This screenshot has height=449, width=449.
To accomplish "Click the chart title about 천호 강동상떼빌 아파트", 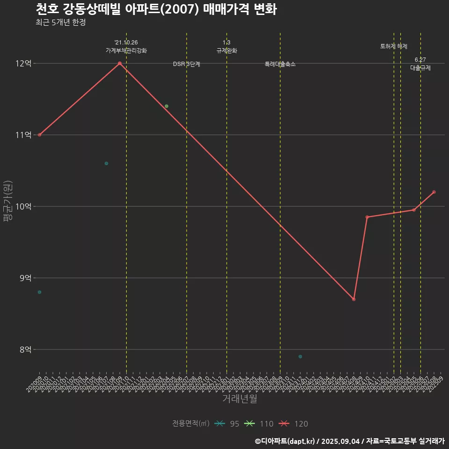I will tap(156, 9).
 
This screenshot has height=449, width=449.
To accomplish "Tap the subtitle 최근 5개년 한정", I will tap(60, 22).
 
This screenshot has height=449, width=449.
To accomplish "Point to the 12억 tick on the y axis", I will tap(23, 63).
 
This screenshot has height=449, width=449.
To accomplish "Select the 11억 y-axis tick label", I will tap(23, 135).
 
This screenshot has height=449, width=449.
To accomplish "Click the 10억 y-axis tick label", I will tap(23, 206).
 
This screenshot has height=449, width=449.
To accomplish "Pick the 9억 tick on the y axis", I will tap(23, 278).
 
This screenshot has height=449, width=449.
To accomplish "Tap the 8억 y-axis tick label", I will tap(23, 349).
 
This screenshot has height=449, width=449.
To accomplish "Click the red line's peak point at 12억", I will tap(120, 63).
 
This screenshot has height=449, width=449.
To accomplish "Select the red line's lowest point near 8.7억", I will tap(354, 299).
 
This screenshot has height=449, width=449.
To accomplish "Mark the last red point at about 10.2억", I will tap(434, 192).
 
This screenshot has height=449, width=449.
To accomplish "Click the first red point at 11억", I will tap(39, 135).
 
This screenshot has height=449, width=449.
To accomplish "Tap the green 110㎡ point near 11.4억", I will tap(167, 106).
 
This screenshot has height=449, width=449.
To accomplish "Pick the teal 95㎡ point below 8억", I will tap(300, 356).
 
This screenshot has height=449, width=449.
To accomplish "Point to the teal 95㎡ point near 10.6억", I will tap(106, 163).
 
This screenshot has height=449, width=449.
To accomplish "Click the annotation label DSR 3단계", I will tap(187, 64).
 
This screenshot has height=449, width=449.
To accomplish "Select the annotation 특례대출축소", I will tap(280, 64).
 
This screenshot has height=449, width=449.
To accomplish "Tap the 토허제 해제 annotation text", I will tap(394, 46).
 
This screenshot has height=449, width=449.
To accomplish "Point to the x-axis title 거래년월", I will tap(239, 399).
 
